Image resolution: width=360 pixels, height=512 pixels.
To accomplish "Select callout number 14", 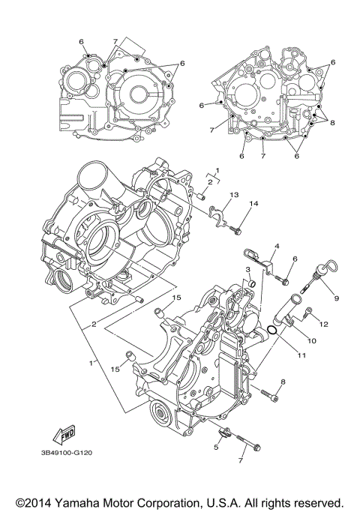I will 253,204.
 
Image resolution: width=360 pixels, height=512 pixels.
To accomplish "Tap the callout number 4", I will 276,247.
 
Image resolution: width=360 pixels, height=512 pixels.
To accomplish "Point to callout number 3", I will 247,269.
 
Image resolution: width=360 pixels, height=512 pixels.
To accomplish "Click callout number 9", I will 337,298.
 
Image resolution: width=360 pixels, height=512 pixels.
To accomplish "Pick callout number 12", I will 325,324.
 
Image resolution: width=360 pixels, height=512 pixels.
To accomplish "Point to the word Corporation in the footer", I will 169,501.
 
